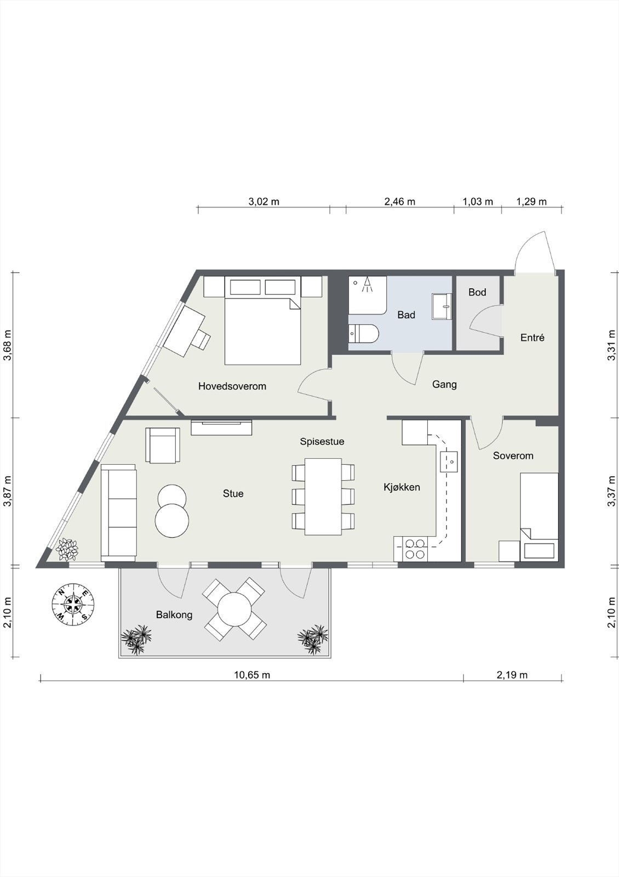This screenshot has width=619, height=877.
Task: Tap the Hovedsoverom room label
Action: click(x=232, y=386)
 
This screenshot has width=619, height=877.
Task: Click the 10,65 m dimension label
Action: click(x=252, y=675)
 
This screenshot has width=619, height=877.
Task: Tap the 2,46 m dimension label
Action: click(x=399, y=202)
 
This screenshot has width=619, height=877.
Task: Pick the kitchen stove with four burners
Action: click(x=414, y=549)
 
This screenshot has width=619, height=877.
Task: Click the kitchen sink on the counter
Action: click(x=449, y=462)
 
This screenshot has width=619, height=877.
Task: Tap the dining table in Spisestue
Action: click(x=323, y=497)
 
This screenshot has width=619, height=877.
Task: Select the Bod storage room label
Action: click(x=477, y=292)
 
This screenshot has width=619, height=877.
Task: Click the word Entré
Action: click(x=532, y=338)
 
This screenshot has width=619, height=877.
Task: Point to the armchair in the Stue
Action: click(x=163, y=445)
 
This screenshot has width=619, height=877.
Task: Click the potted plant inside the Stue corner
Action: click(x=67, y=550)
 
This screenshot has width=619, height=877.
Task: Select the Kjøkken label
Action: click(x=402, y=487)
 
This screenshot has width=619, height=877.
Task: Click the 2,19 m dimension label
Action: click(x=512, y=675)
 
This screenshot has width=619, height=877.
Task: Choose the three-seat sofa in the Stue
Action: click(x=118, y=513)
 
